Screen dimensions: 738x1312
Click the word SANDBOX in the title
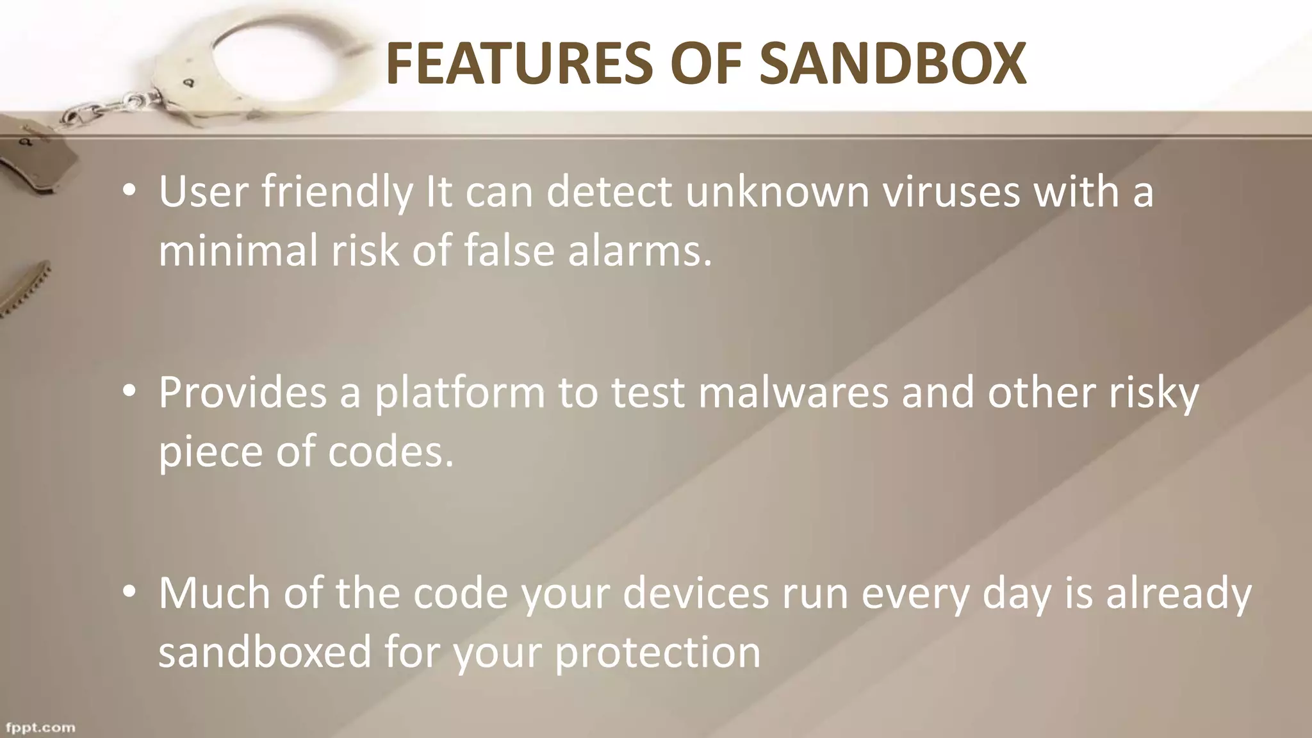[893, 63]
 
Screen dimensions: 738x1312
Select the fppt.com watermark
[40, 728]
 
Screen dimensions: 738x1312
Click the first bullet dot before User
[129, 192]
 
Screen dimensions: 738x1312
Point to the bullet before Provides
[129, 392]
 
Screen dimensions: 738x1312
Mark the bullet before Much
[129, 593]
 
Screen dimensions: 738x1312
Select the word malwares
[793, 392]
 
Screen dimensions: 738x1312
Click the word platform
[459, 393]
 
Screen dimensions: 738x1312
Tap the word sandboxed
[265, 652]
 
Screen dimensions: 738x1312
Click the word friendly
[337, 192]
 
